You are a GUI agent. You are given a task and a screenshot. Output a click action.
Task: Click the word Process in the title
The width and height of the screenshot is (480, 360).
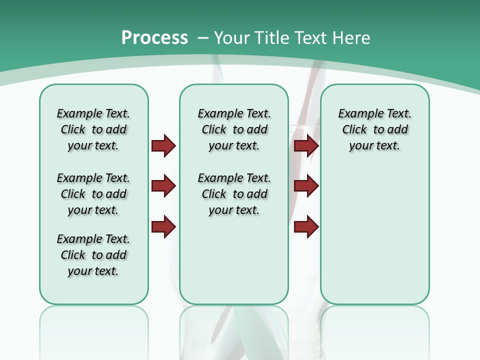(x=154, y=37)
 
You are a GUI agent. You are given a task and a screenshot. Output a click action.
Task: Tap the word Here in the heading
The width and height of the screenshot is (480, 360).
(x=351, y=37)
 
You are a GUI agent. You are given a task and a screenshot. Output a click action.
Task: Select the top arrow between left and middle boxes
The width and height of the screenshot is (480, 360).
(x=163, y=145)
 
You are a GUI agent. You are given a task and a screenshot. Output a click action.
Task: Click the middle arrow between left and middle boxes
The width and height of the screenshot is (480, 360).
(x=163, y=186)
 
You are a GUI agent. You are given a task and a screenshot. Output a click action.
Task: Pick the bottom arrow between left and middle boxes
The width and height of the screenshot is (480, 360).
(x=163, y=226)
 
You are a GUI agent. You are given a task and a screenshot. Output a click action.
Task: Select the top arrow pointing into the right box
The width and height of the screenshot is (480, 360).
(x=306, y=145)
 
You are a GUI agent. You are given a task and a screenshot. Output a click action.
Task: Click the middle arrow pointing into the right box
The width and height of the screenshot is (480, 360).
(x=306, y=186)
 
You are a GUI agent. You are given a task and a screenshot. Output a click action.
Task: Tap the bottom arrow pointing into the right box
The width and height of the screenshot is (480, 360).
(x=306, y=226)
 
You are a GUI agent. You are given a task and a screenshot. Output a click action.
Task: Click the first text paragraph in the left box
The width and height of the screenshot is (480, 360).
(x=93, y=129)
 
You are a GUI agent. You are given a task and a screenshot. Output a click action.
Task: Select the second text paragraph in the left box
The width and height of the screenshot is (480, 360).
(x=93, y=194)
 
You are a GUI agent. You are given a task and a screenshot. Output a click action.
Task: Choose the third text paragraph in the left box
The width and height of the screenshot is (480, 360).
(x=93, y=255)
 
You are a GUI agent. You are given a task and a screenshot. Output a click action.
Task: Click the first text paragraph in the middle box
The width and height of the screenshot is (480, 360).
(x=234, y=129)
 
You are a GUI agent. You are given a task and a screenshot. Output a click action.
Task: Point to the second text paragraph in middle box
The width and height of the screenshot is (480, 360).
(x=234, y=194)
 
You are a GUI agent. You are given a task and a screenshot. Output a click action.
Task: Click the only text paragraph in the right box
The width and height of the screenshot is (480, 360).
(x=374, y=129)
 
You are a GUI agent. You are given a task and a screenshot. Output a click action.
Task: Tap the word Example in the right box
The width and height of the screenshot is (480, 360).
(x=355, y=114)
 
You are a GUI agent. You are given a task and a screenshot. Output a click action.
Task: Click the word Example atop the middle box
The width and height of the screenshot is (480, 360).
(x=215, y=114)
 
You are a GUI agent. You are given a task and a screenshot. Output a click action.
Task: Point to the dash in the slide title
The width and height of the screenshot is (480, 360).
(x=203, y=38)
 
